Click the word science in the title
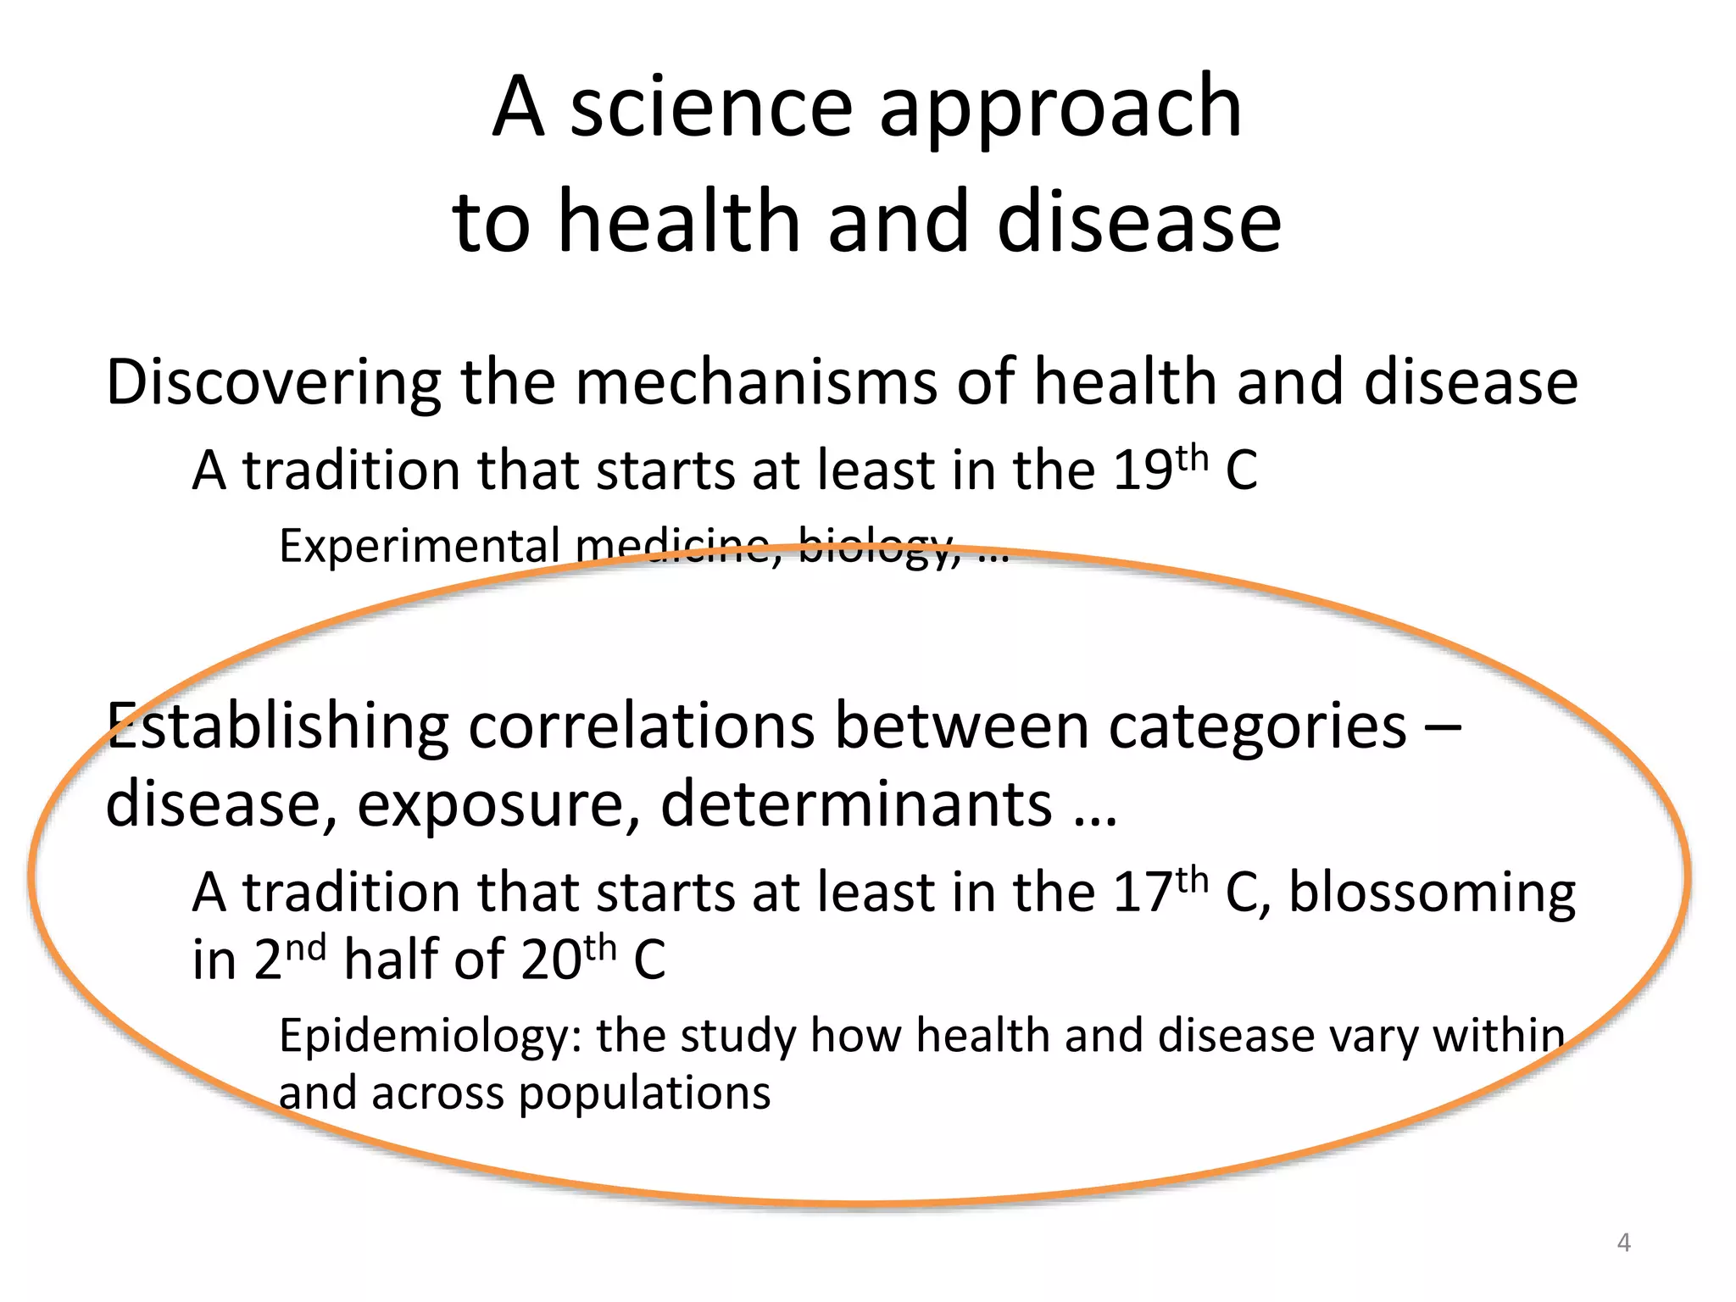710,108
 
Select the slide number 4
1623,1243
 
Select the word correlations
641,727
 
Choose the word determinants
856,804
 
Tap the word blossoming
1432,895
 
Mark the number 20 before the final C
551,961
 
